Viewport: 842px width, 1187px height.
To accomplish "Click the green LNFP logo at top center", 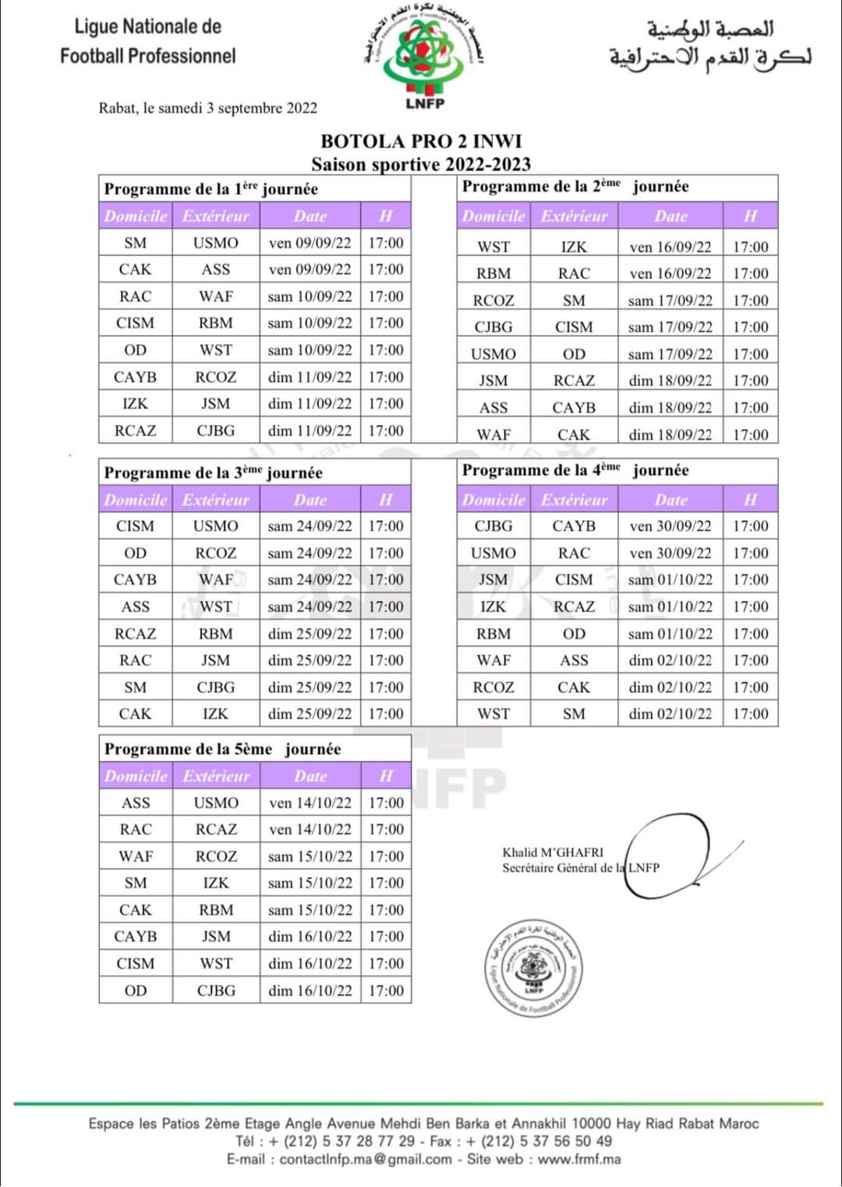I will [424, 55].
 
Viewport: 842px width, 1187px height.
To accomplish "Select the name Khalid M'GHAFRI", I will [553, 852].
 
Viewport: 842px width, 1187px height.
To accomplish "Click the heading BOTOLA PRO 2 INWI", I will [421, 141].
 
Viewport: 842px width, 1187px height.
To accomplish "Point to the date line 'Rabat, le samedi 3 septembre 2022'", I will [207, 108].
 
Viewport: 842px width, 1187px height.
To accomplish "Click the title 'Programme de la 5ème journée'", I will [223, 749].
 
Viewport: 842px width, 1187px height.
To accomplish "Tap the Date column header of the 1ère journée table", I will [310, 216].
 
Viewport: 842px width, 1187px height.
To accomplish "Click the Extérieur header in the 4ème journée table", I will [574, 500].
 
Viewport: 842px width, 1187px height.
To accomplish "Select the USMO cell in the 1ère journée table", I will [215, 243].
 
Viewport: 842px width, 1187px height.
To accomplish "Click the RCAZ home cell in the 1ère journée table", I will [135, 431].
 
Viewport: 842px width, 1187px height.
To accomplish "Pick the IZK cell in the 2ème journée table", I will [574, 247].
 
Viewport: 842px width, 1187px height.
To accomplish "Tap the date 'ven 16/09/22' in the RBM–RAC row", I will [670, 274].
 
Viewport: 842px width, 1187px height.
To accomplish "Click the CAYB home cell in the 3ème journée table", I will [135, 579].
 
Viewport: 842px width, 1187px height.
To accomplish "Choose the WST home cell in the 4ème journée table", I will [494, 714].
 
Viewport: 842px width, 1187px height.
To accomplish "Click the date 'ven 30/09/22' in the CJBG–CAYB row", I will [670, 526].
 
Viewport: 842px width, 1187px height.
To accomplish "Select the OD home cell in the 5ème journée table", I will [135, 990].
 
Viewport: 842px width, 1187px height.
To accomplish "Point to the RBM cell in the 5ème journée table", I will [215, 910].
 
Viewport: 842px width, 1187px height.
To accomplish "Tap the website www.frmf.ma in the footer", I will [579, 1159].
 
